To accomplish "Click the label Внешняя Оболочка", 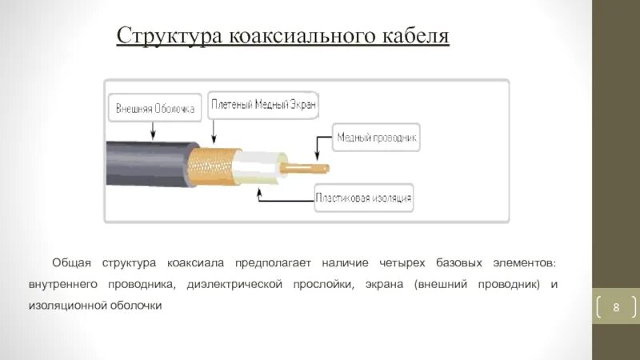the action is [x=155, y=108].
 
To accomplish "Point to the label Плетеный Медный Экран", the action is [x=264, y=103].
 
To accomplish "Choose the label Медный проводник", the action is [x=376, y=138].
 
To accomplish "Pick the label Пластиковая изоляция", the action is [x=364, y=197].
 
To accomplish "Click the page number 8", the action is [x=617, y=307].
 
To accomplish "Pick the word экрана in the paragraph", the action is [x=385, y=284].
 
